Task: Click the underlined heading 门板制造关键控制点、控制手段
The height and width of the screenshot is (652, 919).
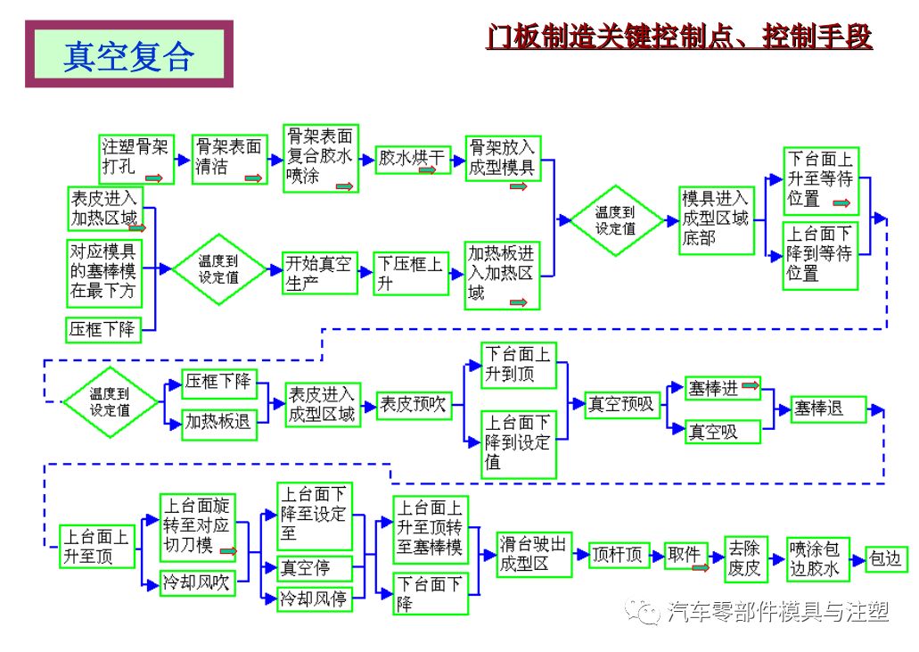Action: point(678,37)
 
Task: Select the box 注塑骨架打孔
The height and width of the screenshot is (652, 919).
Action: point(135,158)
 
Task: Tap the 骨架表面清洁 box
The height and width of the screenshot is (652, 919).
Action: point(229,158)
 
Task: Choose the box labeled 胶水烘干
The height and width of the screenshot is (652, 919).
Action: point(411,160)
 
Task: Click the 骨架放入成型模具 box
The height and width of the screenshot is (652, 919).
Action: point(503,158)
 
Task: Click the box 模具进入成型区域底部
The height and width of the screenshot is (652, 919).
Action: point(715,218)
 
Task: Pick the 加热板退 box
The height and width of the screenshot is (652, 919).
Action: point(218,422)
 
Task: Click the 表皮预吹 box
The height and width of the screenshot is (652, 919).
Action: point(413,404)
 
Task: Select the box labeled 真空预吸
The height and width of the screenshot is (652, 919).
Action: point(621,404)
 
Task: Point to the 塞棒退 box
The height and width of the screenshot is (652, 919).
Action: point(829,409)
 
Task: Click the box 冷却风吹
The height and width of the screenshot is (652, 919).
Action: point(196,583)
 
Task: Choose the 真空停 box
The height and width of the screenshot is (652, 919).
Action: point(316,567)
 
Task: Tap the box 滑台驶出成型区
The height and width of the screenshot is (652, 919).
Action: point(533,554)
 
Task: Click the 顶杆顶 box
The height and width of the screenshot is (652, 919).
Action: point(618,555)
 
